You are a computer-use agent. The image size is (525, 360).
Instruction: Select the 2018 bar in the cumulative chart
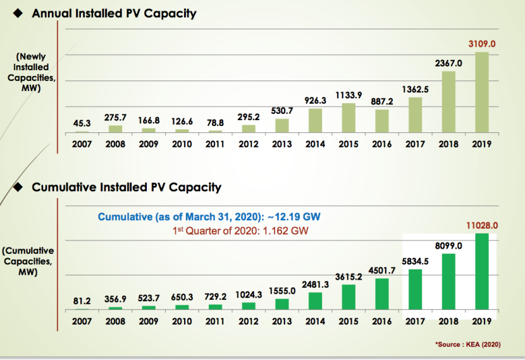click(448, 282)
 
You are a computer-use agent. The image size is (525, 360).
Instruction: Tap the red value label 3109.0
click(482, 44)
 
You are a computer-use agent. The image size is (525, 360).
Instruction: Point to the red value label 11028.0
click(482, 225)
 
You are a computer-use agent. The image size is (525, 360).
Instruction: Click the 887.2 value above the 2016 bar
click(382, 101)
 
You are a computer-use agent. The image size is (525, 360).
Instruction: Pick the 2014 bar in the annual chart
click(315, 120)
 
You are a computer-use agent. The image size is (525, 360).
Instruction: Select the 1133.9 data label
click(349, 95)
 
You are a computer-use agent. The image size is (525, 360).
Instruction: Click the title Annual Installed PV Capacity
click(114, 13)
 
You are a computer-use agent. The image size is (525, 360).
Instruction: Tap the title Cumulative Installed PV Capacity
click(127, 187)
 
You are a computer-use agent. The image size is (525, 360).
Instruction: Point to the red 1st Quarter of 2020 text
click(240, 231)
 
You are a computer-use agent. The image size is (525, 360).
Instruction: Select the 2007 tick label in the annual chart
click(82, 144)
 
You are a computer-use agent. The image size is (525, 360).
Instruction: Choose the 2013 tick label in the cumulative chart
click(281, 321)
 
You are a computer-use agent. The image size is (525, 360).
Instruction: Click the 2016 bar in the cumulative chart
click(382, 294)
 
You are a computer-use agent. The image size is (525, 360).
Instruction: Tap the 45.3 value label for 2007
click(82, 124)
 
